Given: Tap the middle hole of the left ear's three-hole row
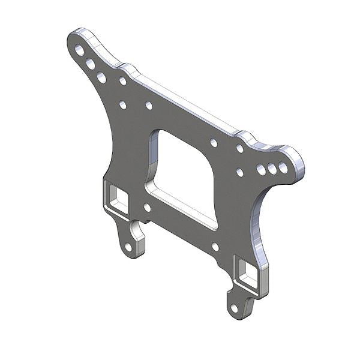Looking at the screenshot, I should (91, 64).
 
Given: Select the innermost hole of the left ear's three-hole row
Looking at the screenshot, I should (101, 77).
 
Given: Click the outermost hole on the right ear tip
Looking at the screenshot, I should (283, 167).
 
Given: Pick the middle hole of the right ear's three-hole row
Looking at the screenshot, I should (272, 169).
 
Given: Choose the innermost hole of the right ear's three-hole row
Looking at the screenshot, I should (261, 170).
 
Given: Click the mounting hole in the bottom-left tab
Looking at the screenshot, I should (128, 246).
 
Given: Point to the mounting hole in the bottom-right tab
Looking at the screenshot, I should (234, 308).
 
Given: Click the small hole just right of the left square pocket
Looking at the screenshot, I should (147, 208).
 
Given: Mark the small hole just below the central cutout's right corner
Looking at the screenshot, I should (215, 246).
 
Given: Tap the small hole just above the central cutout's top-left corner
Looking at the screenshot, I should (149, 106).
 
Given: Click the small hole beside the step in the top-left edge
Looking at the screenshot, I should (122, 81).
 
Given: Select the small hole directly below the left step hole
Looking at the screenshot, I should (122, 104).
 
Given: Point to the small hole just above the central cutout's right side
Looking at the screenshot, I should (214, 143).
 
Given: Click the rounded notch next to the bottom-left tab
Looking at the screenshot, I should (137, 227).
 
